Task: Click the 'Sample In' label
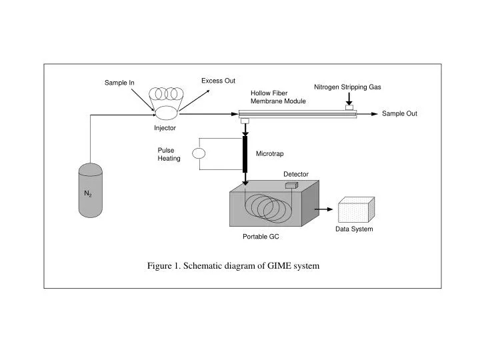tap(119, 83)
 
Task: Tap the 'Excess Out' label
tap(218, 81)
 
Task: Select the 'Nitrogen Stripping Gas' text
tap(347, 87)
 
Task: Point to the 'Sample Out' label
tap(399, 113)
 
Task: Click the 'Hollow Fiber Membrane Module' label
tap(278, 97)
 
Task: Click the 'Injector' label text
tap(165, 128)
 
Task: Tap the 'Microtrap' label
tap(269, 154)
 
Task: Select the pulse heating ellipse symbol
tap(199, 153)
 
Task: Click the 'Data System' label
tap(354, 229)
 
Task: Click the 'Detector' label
tap(296, 174)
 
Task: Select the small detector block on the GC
tap(291, 187)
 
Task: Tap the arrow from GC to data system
tap(323, 209)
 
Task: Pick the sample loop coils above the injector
tap(167, 93)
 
